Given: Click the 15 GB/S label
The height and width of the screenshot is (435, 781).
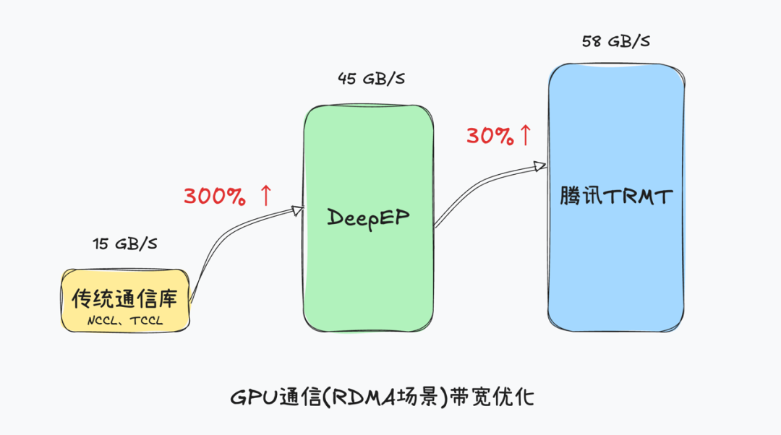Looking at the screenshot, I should point(125,244).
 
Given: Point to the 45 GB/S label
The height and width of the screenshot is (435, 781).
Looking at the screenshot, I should point(371,79).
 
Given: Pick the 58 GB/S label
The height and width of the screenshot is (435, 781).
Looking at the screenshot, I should point(615,41).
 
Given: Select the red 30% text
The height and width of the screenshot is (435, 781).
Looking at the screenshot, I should point(490,136).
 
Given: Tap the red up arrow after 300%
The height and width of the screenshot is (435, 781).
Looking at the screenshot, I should point(265,195).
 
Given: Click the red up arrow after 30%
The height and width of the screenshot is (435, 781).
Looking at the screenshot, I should point(525,134).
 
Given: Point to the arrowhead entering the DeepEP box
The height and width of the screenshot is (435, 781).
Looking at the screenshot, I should point(296,210).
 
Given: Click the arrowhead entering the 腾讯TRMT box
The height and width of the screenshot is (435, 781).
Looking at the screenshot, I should point(539,166).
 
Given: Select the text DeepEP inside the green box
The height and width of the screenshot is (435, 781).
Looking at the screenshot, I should point(368,216).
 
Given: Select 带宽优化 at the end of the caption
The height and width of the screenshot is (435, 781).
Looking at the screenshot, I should point(491,396).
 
